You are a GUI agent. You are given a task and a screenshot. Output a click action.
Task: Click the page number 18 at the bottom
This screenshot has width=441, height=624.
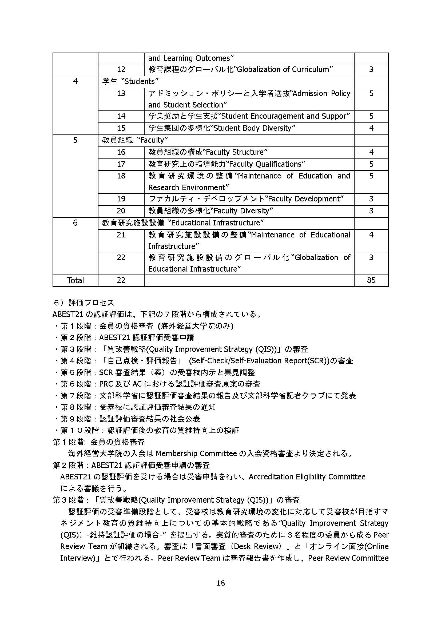[x=220, y=583]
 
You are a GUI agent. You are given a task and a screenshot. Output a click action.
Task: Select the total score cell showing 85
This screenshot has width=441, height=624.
[x=371, y=280]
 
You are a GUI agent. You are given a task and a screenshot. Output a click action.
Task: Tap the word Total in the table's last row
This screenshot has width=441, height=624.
[x=75, y=280]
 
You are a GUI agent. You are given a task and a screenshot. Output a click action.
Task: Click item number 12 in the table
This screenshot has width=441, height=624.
[x=121, y=69]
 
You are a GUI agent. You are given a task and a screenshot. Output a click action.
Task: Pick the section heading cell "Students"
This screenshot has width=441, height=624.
[x=130, y=81]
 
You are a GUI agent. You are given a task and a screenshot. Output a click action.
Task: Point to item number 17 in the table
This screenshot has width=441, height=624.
[x=121, y=164]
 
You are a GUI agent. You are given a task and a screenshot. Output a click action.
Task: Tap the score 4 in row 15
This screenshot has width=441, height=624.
[x=371, y=128]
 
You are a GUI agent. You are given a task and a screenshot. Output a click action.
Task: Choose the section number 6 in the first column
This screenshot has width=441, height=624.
[x=75, y=223]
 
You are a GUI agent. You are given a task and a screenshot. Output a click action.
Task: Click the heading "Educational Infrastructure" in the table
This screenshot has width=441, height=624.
[x=216, y=223]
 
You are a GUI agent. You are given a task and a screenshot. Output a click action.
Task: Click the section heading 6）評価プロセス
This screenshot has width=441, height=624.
[x=84, y=303]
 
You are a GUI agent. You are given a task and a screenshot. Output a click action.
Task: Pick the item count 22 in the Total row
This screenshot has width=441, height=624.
[x=121, y=280]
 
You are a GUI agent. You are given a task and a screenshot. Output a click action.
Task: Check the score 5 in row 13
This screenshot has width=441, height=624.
[x=371, y=93]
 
